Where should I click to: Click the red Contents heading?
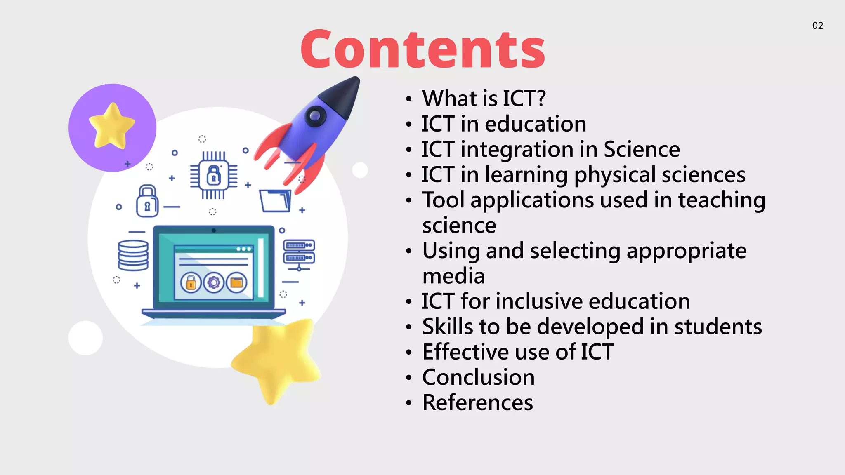(x=423, y=49)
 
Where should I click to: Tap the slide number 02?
(x=817, y=26)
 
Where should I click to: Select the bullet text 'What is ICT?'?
(x=484, y=99)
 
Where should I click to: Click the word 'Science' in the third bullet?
(x=642, y=149)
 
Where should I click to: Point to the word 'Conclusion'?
(x=478, y=377)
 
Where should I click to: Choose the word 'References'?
(x=477, y=403)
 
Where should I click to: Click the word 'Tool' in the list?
(x=443, y=200)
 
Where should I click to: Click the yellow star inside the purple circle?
(x=112, y=126)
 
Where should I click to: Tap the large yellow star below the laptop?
(x=277, y=359)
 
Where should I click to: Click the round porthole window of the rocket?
(x=315, y=116)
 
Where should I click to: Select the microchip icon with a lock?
(x=213, y=175)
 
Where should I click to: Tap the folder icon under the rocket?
(x=276, y=201)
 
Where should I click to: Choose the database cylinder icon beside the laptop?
(x=133, y=256)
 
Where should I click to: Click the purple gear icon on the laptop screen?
(x=214, y=283)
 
